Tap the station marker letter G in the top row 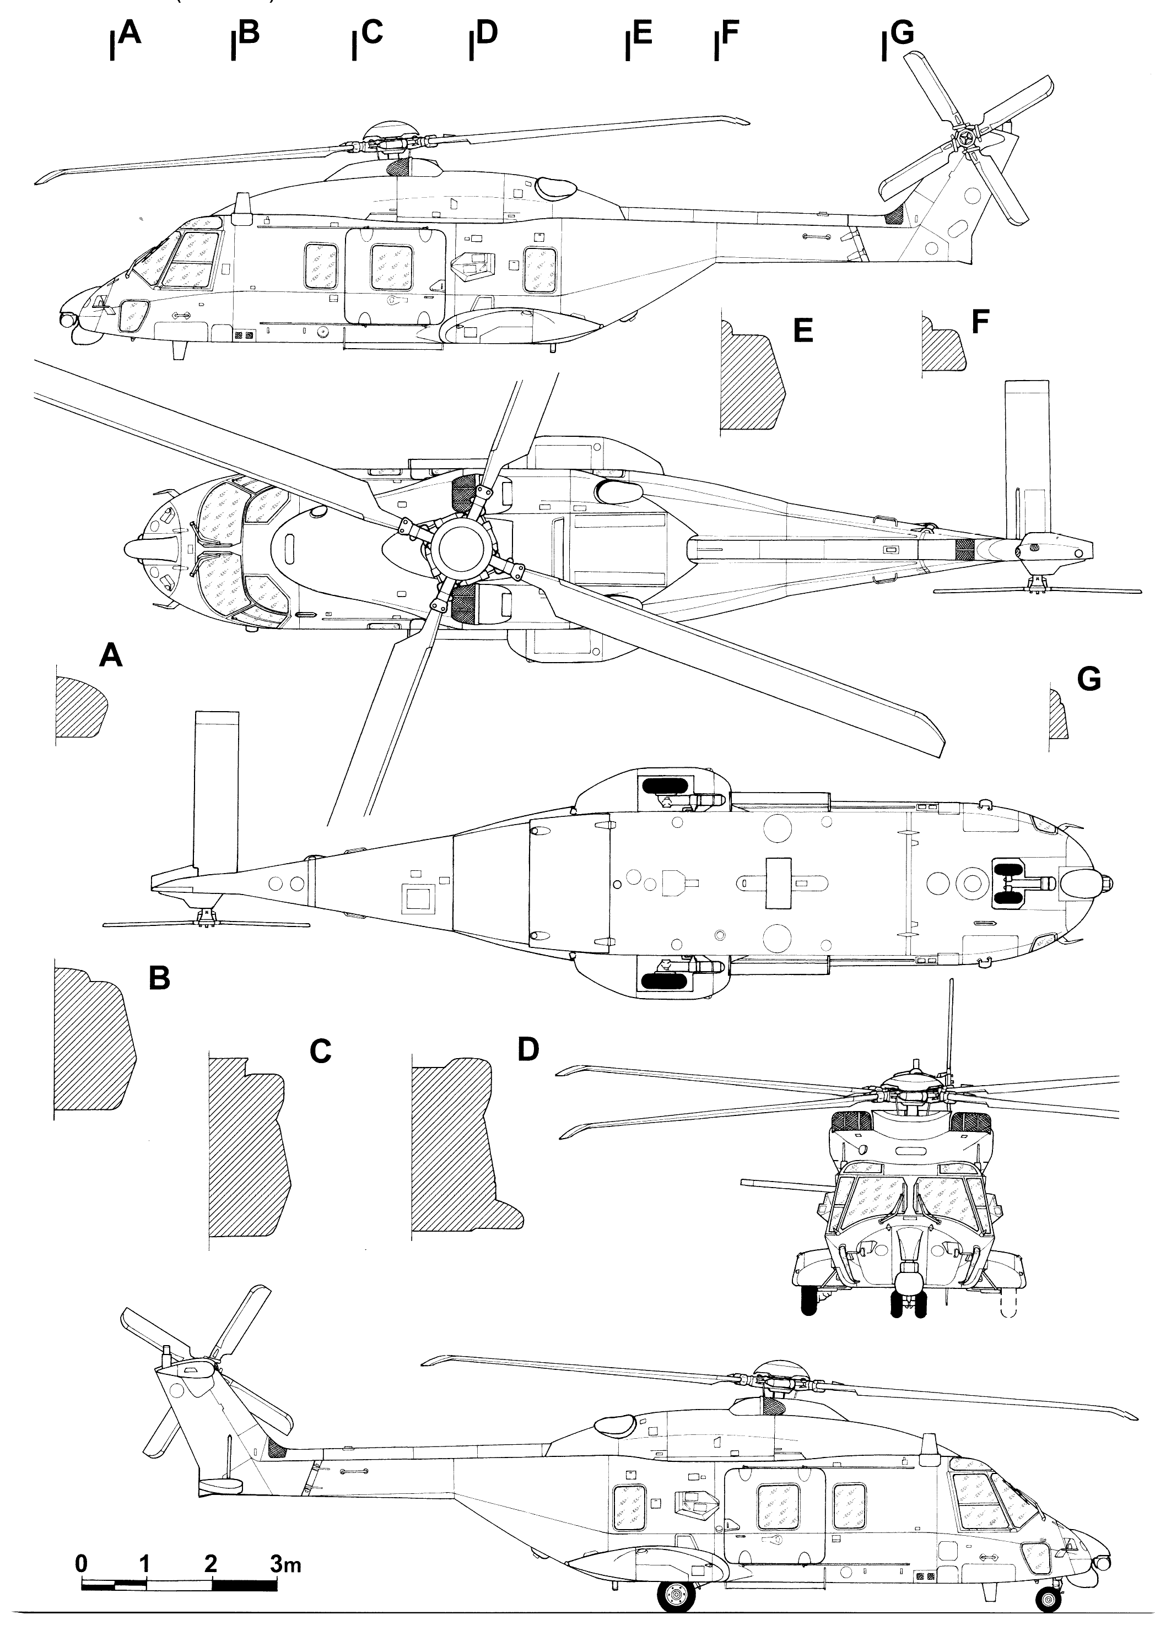(x=902, y=32)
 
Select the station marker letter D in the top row (x=487, y=32)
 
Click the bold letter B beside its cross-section (x=159, y=978)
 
